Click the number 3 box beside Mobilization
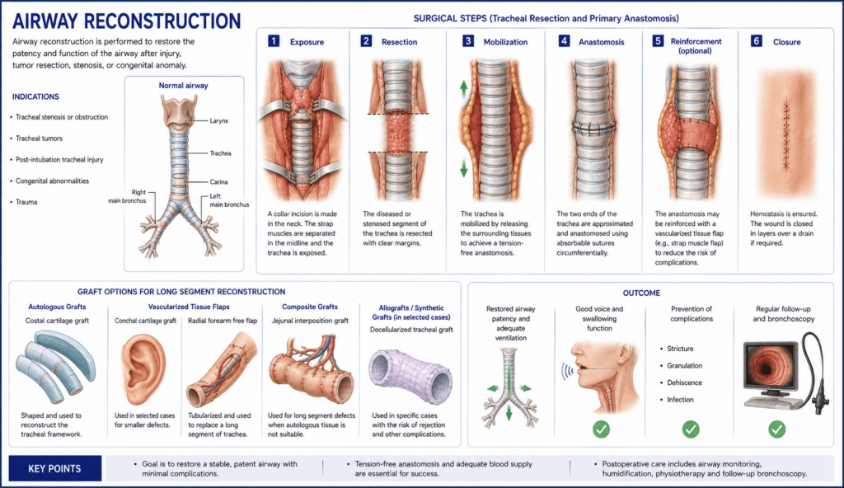tap(468, 41)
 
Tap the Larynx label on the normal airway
tap(219, 120)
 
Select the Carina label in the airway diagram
tap(218, 182)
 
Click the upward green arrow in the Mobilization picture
tap(463, 88)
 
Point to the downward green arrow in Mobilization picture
tap(463, 168)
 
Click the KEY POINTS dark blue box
tap(55, 468)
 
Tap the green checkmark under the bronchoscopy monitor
tap(776, 429)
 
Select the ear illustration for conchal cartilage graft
tap(143, 368)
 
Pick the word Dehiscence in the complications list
tap(685, 382)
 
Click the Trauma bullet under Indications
tap(26, 202)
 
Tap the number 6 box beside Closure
tap(757, 41)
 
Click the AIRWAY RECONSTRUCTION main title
tap(126, 21)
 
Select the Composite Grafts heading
tap(310, 307)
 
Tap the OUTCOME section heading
tap(641, 293)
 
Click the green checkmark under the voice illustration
tap(601, 429)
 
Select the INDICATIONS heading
tap(35, 97)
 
